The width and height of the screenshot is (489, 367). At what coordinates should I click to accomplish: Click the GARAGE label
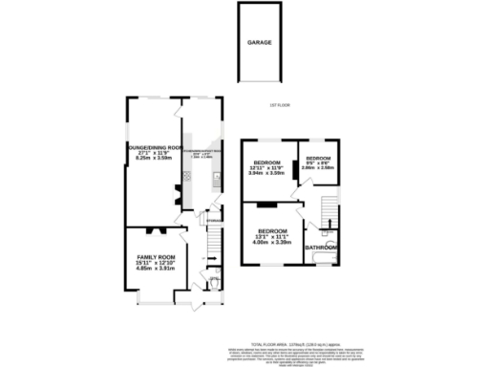click(x=260, y=44)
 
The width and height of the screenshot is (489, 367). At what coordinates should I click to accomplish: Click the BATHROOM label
click(x=320, y=248)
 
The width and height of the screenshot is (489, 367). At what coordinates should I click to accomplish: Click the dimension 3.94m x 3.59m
click(x=267, y=173)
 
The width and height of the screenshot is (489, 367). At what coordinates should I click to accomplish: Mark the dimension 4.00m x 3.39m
click(x=274, y=243)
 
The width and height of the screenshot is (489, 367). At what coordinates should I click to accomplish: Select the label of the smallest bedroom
click(x=317, y=158)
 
